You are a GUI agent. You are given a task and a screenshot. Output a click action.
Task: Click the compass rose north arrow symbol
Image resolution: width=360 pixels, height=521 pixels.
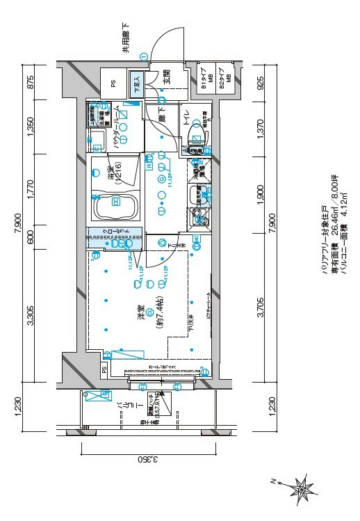coord(302,485)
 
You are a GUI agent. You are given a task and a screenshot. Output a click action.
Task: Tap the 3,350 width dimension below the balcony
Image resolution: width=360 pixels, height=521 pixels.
coord(145,460)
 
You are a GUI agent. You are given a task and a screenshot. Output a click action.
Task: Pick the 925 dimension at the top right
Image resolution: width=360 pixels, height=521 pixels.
coord(261,84)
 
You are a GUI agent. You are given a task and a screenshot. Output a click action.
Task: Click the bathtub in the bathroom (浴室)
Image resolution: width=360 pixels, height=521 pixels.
coord(114,207)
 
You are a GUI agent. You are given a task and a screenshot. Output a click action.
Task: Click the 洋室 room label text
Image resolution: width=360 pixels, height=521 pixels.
coord(140,314)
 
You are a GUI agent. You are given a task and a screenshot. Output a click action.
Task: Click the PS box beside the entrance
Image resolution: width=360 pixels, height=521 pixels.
coord(113,83)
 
